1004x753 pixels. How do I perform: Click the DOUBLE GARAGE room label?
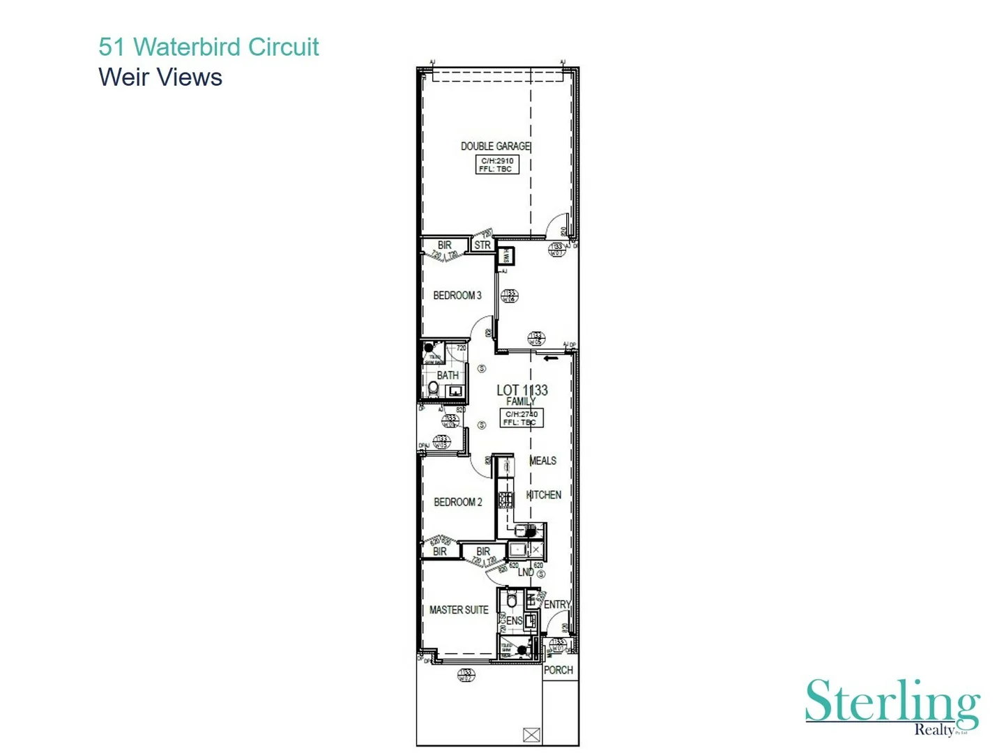pos(495,146)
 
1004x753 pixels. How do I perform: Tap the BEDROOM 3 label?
pos(457,296)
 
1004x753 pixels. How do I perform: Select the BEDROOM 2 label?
pos(458,502)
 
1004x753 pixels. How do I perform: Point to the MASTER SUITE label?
pos(459,610)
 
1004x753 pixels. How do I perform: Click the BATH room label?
pos(448,375)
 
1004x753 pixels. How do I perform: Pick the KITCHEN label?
pos(544,495)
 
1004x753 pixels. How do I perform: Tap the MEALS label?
pos(543,461)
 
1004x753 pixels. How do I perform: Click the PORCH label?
pos(558,670)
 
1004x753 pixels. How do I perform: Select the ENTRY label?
pos(557,604)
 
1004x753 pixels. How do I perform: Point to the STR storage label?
pos(482,245)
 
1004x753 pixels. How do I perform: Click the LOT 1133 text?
pos(522,390)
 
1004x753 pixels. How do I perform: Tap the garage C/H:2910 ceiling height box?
pos(497,165)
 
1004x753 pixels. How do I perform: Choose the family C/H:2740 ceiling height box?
pos(522,418)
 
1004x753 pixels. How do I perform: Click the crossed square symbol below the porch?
pos(531,735)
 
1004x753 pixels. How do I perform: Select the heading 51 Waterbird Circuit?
pos(208,47)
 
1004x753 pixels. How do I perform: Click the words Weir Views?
pos(160,77)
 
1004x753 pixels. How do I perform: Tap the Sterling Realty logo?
pos(893,706)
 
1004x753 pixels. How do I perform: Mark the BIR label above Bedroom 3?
pos(444,245)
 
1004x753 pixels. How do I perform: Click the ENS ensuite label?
pos(515,621)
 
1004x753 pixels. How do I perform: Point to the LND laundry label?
pos(526,572)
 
